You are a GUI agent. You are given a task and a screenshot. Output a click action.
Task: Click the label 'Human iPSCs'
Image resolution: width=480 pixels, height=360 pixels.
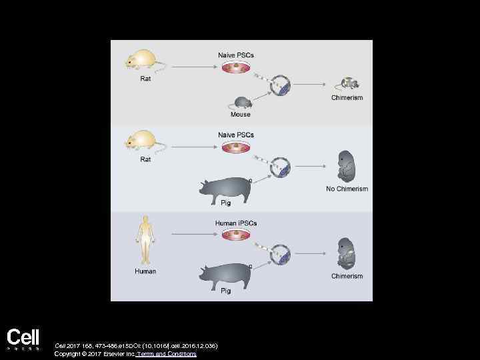point(235,223)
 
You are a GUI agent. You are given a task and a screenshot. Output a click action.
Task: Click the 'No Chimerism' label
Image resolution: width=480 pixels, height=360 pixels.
point(347,189)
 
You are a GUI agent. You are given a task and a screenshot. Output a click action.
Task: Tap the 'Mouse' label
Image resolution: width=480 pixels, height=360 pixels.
point(241,115)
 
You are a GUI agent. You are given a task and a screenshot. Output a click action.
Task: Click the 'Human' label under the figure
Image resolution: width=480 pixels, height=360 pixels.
point(145,271)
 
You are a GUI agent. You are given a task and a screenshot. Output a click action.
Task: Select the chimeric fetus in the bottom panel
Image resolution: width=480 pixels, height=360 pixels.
point(347,253)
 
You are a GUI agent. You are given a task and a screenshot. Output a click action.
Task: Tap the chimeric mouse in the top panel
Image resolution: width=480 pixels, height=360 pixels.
point(349,84)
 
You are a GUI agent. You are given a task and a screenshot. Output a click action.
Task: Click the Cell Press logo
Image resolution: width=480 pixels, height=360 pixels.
point(23,338)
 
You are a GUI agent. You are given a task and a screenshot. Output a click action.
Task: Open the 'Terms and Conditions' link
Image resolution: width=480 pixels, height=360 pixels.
point(166,354)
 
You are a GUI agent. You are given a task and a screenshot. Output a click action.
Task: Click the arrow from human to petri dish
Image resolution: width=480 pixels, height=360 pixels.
point(194,234)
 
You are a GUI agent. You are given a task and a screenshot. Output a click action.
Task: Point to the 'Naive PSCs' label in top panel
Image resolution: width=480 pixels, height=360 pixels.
point(235,54)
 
